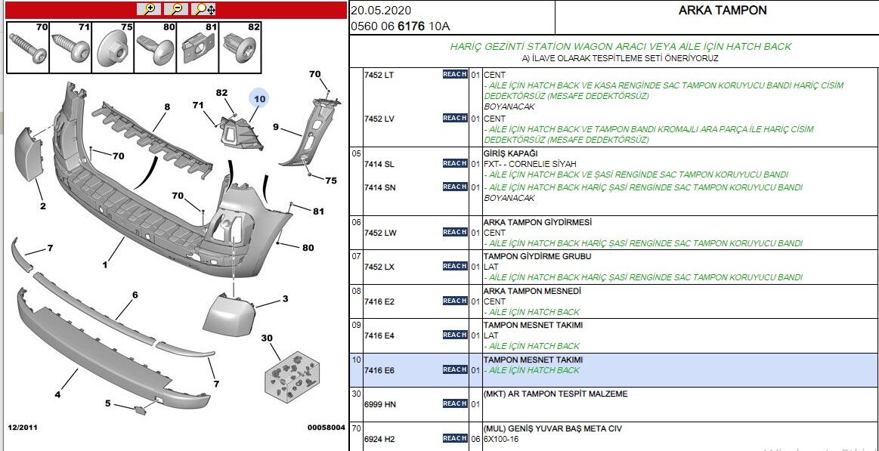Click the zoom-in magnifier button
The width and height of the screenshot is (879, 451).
tap(149, 9)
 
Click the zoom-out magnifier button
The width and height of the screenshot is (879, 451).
tap(176, 9)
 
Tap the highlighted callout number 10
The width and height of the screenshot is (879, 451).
tap(259, 98)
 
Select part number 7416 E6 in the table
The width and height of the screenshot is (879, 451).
tap(379, 370)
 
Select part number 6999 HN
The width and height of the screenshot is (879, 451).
tap(379, 404)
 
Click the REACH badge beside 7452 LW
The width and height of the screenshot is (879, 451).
tap(454, 233)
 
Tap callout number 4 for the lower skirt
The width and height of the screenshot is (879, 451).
tap(57, 394)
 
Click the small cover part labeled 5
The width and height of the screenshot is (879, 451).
tap(140, 409)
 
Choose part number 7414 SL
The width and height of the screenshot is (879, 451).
tap(379, 164)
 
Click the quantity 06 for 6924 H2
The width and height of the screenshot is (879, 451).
tap(475, 439)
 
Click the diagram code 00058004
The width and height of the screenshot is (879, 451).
tap(326, 428)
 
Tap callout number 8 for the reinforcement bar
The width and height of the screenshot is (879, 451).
tap(166, 107)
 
